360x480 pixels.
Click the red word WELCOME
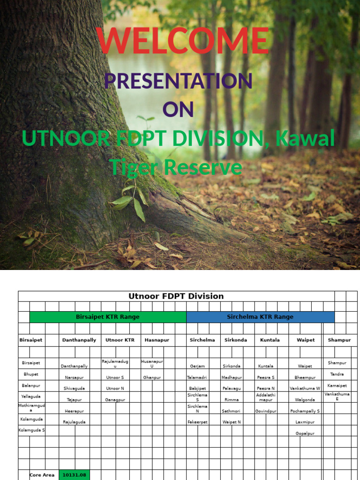183,40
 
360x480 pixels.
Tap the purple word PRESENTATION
178,81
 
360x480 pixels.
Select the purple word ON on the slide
178,109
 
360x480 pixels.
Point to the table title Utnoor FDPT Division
176,296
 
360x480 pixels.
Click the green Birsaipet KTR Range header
107,317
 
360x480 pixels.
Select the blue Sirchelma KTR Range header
260,317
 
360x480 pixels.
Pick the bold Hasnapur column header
157,340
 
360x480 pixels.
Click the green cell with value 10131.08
74,475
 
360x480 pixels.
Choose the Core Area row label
42,475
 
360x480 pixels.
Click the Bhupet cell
31,375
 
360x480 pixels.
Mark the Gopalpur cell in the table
305,434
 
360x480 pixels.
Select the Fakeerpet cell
197,422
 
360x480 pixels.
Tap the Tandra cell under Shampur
337,375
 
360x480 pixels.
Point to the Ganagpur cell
115,400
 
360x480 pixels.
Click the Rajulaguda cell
74,422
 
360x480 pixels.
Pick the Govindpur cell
266,411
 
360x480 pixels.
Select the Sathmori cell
232,411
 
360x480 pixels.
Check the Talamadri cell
197,377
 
